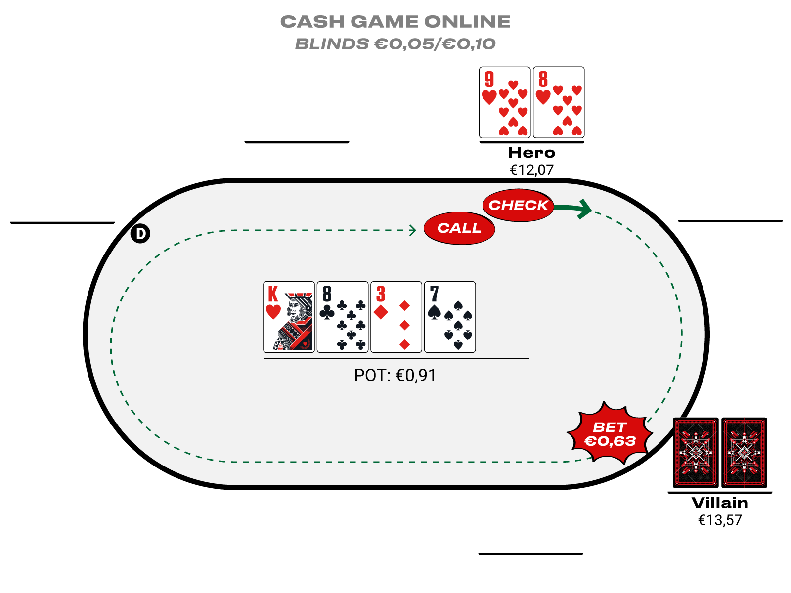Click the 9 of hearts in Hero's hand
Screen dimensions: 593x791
[504, 102]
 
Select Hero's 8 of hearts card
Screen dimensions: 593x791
[559, 102]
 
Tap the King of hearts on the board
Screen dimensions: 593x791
[289, 317]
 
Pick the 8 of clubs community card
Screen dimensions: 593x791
[343, 317]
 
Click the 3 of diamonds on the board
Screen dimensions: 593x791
[396, 317]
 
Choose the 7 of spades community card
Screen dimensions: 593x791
[450, 317]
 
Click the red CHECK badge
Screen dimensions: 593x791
[518, 205]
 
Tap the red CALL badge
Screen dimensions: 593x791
[459, 228]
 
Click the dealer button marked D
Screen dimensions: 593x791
[140, 233]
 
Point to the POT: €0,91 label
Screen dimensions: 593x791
[395, 376]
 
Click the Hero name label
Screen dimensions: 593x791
[531, 153]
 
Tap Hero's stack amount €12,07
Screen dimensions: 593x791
[531, 170]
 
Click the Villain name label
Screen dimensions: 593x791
[720, 503]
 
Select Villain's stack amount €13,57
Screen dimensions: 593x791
[720, 520]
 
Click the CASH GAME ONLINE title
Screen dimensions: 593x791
[395, 22]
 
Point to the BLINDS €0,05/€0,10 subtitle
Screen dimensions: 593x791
[395, 44]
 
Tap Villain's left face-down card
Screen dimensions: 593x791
[696, 453]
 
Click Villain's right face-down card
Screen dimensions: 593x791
[744, 453]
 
